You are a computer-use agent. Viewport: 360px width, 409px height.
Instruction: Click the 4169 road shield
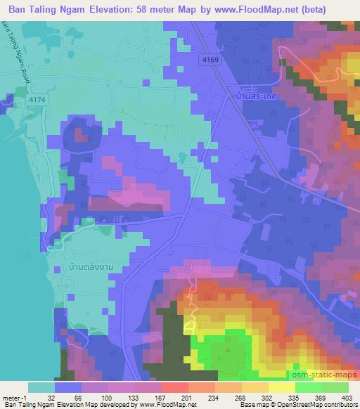click(210, 60)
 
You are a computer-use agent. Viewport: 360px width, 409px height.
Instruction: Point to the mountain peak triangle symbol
click(227, 349)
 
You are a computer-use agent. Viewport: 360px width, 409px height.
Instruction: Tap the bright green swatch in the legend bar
click(309, 387)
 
